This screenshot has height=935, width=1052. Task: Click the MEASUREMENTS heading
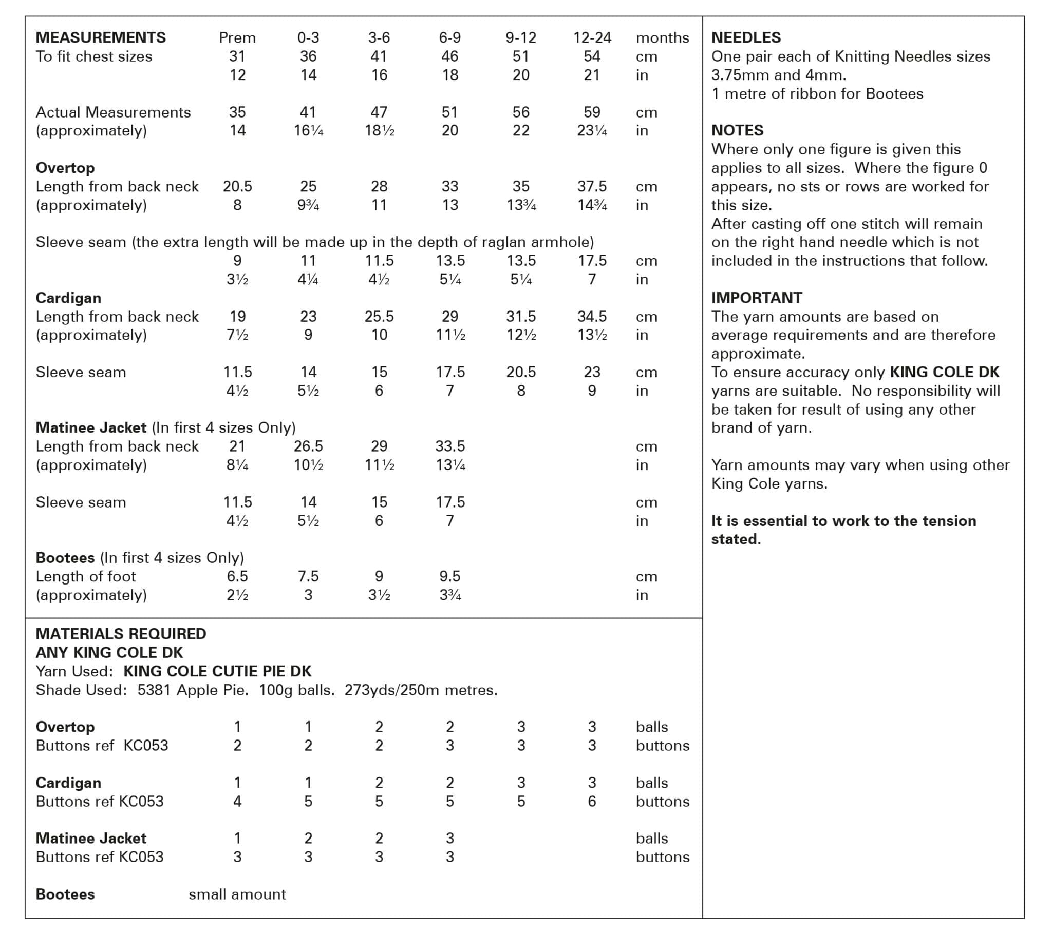click(100, 37)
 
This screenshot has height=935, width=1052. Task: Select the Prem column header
click(237, 37)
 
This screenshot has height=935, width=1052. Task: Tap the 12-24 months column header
click(592, 37)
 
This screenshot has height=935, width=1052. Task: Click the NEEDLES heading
click(746, 37)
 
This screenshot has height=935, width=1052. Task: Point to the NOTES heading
click(737, 130)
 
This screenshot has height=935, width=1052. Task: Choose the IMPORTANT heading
click(756, 298)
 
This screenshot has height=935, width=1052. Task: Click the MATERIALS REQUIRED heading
click(120, 634)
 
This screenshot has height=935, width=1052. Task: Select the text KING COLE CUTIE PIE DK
click(217, 671)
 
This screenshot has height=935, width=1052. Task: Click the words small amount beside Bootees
click(237, 894)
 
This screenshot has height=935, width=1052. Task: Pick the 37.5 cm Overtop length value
click(592, 186)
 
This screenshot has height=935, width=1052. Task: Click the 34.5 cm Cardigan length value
click(592, 316)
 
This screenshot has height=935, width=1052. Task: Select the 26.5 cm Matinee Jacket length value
click(308, 446)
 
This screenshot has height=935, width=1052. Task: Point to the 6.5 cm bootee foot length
click(237, 576)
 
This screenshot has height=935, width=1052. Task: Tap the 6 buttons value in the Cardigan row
click(592, 801)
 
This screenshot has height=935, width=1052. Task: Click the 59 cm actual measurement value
click(592, 112)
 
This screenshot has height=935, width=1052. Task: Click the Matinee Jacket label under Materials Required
click(91, 839)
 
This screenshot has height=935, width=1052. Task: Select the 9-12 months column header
click(521, 37)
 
